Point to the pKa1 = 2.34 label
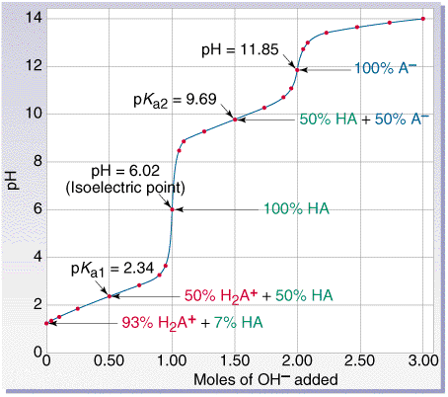pos(106,269)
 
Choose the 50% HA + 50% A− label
pos(363,119)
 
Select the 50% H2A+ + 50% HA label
pos(261,295)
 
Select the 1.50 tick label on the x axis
pos(235,362)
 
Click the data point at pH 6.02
pos(173,209)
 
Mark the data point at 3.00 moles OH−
pos(423,19)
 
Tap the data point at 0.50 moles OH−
pos(110,295)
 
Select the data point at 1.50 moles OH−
pos(235,119)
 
